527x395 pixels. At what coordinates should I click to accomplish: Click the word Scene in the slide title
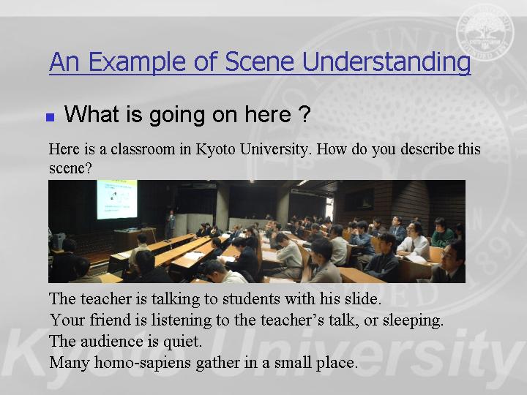click(259, 61)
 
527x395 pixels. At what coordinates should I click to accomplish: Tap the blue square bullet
click(51, 117)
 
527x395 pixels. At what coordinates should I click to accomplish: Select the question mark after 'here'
click(304, 114)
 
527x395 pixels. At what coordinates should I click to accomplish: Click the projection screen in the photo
click(117, 199)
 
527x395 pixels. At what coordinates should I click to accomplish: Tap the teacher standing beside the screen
click(171, 224)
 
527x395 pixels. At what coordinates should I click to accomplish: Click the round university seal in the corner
click(485, 33)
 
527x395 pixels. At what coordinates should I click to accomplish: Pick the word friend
click(111, 320)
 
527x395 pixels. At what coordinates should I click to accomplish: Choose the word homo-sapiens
click(143, 363)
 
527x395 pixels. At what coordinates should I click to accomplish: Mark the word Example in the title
click(137, 62)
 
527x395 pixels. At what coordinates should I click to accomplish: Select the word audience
click(112, 342)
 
